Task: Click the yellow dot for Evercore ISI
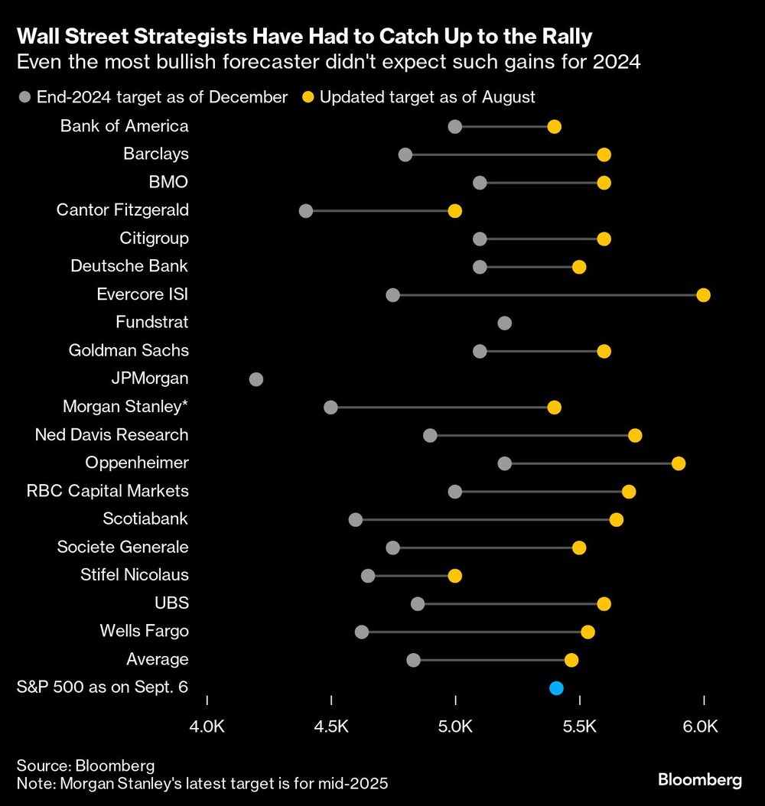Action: pyautogui.click(x=703, y=295)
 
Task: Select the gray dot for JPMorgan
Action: pyautogui.click(x=256, y=379)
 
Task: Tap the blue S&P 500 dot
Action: pyautogui.click(x=556, y=688)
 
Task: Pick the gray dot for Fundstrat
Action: pyautogui.click(x=504, y=323)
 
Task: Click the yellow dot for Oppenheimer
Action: pyautogui.click(x=678, y=463)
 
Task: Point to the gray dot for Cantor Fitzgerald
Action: pyautogui.click(x=306, y=210)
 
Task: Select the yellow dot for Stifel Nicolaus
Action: pyautogui.click(x=455, y=576)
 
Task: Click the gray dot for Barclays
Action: pyautogui.click(x=405, y=154)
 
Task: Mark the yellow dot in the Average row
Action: pyautogui.click(x=571, y=660)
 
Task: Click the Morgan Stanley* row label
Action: pyautogui.click(x=125, y=407)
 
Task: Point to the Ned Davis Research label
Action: pyautogui.click(x=112, y=435)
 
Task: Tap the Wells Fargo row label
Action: pyautogui.click(x=144, y=632)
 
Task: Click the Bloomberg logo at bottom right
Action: pyautogui.click(x=699, y=780)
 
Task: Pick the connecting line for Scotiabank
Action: pyautogui.click(x=486, y=520)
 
